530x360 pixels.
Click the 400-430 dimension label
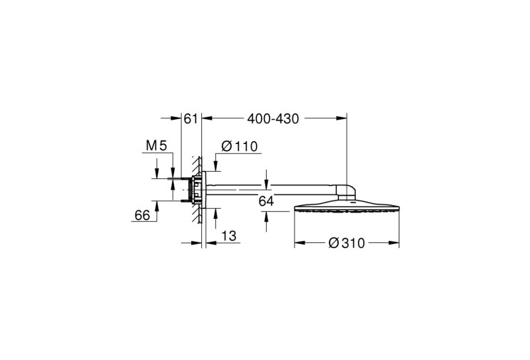click(x=273, y=119)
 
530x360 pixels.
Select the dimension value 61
click(x=190, y=119)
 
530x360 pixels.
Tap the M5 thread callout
click(x=156, y=146)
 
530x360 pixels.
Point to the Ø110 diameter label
click(x=240, y=147)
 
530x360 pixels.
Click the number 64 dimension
click(x=266, y=201)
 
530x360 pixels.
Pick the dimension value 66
click(x=142, y=215)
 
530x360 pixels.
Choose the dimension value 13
click(x=229, y=236)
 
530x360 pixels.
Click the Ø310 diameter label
click(x=347, y=243)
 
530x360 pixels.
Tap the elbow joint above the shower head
click(x=346, y=192)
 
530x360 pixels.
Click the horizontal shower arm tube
click(x=270, y=190)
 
